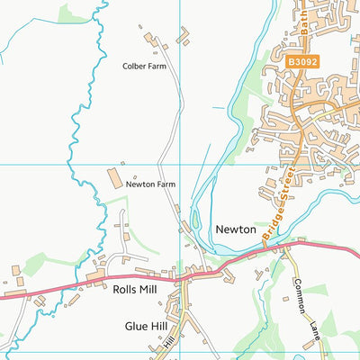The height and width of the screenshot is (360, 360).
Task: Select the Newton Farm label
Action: (150, 184)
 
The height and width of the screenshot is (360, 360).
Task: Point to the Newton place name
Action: (236, 229)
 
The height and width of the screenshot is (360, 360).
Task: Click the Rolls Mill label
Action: (136, 291)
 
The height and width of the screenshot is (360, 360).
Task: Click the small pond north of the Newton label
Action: (193, 221)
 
